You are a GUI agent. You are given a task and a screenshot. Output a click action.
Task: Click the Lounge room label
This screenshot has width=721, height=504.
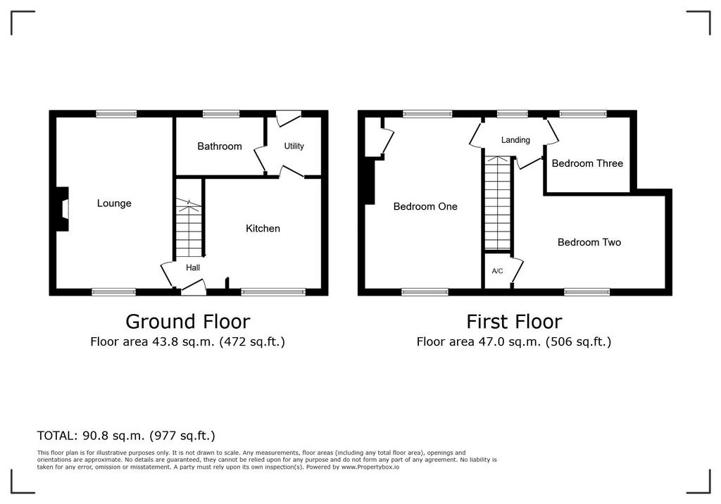[114, 203]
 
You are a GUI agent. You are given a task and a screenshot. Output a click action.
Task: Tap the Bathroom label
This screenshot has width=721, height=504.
[220, 146]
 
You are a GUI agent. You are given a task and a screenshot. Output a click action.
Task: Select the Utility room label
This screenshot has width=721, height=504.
[294, 146]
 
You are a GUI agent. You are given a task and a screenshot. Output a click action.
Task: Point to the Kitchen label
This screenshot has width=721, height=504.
[263, 229]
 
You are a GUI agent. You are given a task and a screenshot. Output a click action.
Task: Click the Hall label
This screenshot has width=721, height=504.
[193, 267]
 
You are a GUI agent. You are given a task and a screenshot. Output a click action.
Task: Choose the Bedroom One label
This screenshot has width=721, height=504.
[425, 206]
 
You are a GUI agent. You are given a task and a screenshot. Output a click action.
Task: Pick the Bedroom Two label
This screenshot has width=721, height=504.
[589, 242]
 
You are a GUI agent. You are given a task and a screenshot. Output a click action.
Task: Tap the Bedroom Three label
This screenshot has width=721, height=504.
[587, 163]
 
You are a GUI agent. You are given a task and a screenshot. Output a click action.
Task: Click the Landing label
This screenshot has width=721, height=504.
[515, 140]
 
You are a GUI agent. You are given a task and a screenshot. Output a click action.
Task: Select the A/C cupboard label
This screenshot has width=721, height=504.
[498, 271]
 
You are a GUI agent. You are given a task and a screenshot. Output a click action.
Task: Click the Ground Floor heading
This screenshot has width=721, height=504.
[187, 322]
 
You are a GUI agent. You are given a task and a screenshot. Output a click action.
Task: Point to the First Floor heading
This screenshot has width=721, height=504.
[514, 322]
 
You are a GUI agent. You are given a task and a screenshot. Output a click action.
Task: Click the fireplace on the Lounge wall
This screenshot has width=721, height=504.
[62, 209]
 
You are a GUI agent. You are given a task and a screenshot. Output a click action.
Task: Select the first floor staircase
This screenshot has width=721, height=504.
[498, 203]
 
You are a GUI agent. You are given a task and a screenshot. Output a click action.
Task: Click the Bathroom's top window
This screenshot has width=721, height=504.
[221, 113]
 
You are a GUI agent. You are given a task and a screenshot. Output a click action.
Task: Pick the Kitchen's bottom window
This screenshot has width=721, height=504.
[273, 291]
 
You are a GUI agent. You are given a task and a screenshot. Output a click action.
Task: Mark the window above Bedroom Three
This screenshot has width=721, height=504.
[582, 113]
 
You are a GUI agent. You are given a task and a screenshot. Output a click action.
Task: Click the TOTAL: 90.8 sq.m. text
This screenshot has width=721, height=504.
[126, 436]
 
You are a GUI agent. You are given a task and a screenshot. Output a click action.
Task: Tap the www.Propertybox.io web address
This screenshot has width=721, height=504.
[370, 467]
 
